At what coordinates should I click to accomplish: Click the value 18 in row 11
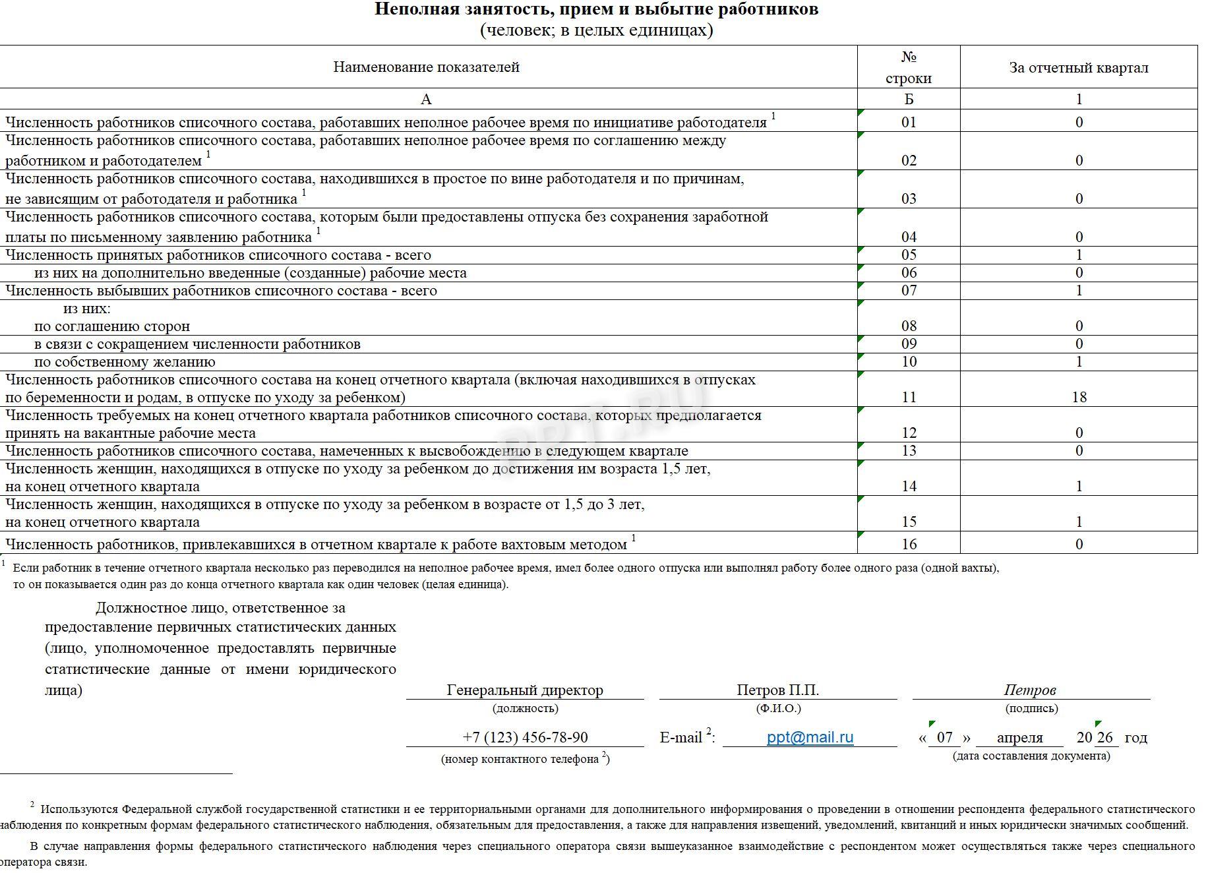tap(1079, 397)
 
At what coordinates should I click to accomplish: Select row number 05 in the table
tap(909, 255)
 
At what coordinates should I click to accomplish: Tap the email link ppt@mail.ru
tap(810, 737)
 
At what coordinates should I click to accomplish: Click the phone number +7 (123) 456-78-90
tap(525, 737)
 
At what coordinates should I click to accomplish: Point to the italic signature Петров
tap(1030, 690)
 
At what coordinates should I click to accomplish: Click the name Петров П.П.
tap(777, 690)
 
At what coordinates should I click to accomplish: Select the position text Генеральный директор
tap(525, 690)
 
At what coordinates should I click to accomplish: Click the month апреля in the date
tap(1019, 738)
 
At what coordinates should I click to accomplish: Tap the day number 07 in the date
tap(945, 737)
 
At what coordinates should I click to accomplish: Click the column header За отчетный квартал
tap(1079, 67)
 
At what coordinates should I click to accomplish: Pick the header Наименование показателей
tap(426, 67)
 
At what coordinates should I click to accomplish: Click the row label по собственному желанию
tap(125, 362)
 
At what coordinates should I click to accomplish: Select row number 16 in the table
tap(909, 544)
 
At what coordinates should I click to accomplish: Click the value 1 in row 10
tap(1079, 361)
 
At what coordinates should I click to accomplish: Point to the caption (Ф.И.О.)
tap(778, 708)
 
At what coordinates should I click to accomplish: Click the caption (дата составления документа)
tap(1031, 756)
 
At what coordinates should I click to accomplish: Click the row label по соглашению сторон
tap(112, 326)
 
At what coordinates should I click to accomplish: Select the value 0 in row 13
tap(1079, 451)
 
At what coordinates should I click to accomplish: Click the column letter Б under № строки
tap(909, 100)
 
